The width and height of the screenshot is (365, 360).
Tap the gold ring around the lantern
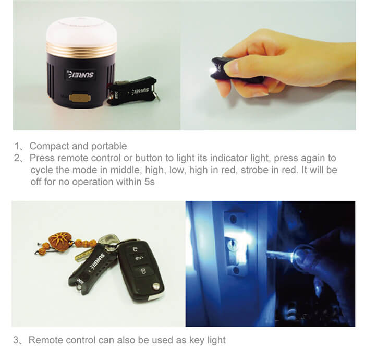pos(81,49)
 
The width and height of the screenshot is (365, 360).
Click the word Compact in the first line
pos(50,146)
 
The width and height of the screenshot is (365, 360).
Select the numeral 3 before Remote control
pos(16,340)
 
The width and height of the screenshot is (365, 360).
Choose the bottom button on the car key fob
pos(142,271)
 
